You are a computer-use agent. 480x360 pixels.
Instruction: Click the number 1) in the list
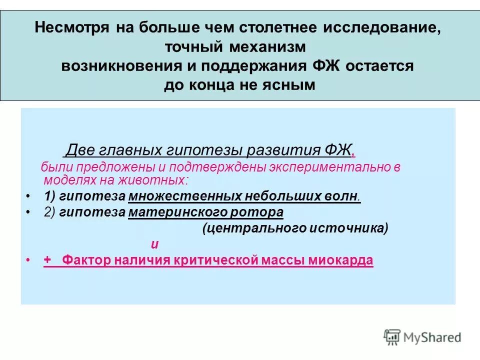tap(50, 195)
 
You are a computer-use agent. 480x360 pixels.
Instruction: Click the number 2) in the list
tap(50, 212)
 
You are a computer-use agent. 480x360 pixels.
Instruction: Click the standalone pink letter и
tap(155, 244)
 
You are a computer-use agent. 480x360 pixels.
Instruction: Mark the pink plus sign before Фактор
tap(47, 260)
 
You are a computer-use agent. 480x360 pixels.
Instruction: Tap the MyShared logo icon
tap(392, 336)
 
